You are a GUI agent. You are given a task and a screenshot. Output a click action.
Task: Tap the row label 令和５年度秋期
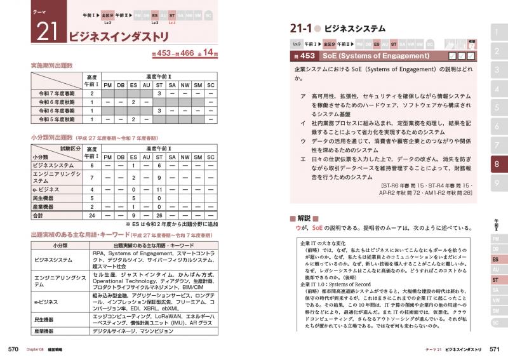[x=57, y=119]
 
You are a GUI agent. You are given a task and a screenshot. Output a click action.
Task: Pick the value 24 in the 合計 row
[x=91, y=215]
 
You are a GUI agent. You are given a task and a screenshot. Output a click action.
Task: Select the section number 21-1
[x=305, y=29]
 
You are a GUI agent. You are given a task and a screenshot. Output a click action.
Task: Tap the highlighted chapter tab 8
[x=496, y=164]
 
